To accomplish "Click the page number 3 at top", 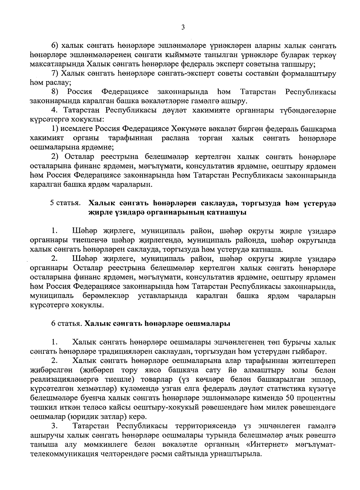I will point(183,28).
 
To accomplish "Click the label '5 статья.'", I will point(65,203).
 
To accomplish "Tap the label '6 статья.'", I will point(66,324).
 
